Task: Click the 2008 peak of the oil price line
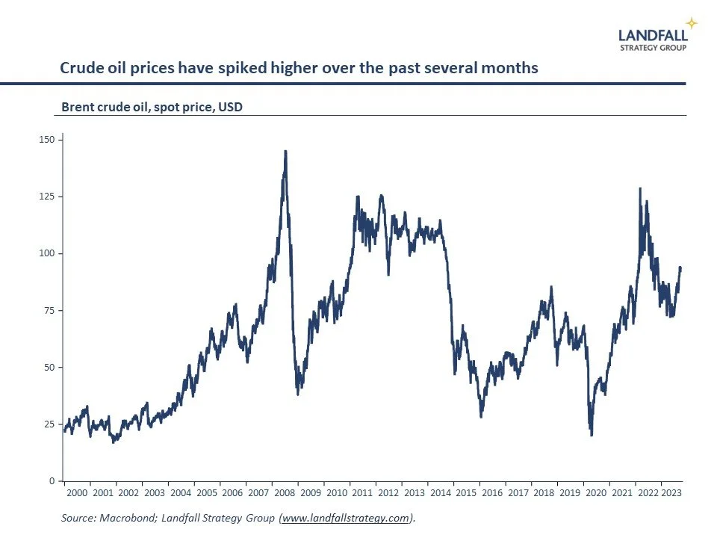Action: [x=285, y=152]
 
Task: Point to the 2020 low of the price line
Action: [x=592, y=434]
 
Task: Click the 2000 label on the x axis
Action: [x=77, y=493]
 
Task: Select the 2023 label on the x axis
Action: [x=670, y=493]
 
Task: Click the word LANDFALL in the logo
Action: [x=653, y=34]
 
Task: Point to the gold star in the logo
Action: [x=692, y=23]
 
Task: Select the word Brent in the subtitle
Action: [x=77, y=107]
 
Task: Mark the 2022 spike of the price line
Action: [x=640, y=188]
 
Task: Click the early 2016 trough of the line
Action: [x=482, y=415]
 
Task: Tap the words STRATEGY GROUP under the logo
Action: [x=654, y=47]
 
